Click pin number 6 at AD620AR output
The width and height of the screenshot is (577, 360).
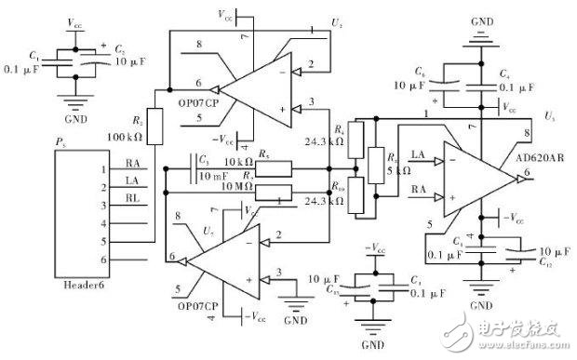pyautogui.click(x=528, y=173)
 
